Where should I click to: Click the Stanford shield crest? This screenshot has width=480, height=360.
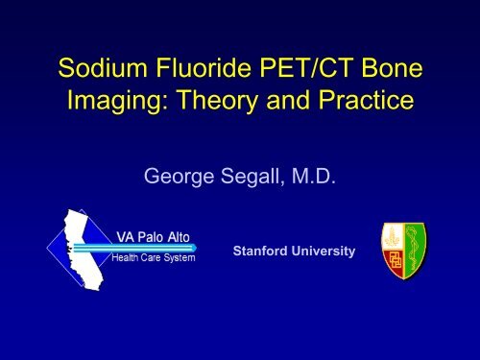tap(404, 252)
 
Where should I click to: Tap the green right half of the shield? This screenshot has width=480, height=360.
tap(416, 250)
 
